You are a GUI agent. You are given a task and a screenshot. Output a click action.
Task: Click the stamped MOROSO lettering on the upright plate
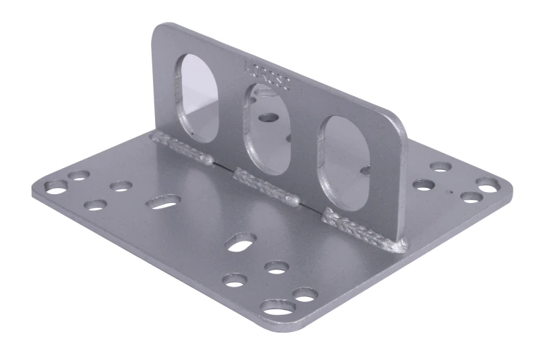click(x=268, y=76)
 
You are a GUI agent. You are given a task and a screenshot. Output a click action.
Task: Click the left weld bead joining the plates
click(x=183, y=148)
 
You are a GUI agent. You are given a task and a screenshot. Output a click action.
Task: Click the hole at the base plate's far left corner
click(x=56, y=186)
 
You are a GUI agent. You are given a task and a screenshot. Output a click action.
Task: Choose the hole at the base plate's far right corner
click(x=488, y=184)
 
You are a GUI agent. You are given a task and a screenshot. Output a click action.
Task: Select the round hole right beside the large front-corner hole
click(x=305, y=294)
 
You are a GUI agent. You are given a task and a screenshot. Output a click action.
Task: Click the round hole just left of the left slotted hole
click(x=121, y=186)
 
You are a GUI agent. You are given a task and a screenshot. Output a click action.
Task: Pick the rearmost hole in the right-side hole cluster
click(x=441, y=167)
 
